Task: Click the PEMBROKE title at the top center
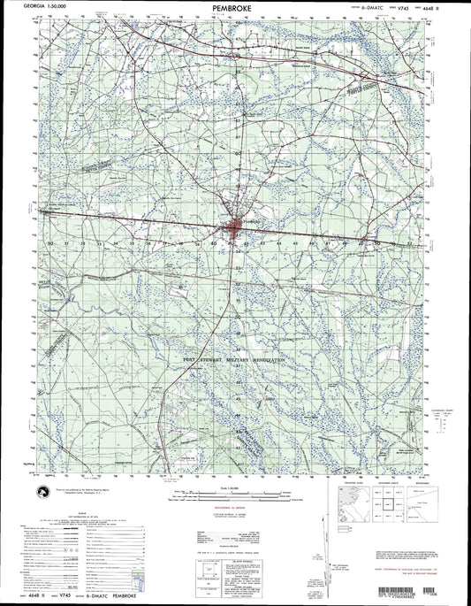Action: coord(235,8)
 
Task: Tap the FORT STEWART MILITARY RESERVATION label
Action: coord(234,361)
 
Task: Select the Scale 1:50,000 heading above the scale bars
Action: coord(234,487)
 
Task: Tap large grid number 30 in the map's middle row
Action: coord(52,242)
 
